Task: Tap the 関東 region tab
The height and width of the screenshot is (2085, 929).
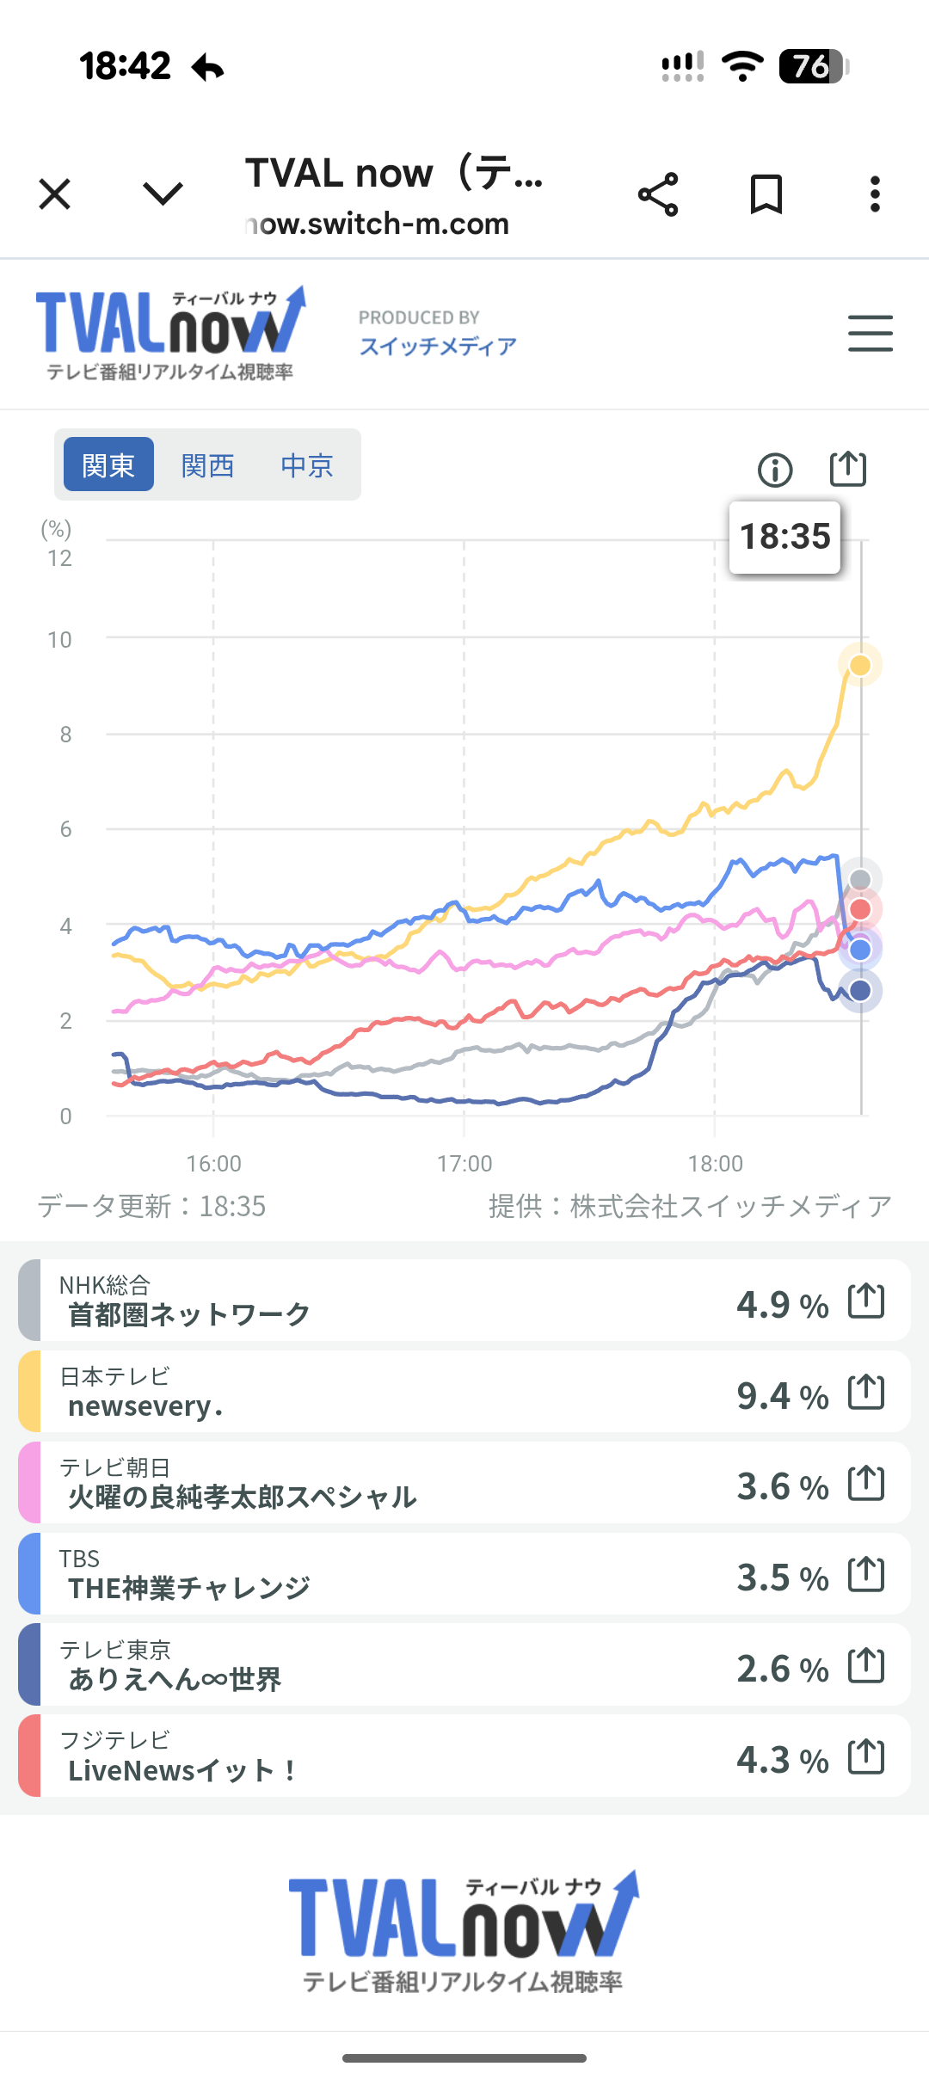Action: tap(108, 464)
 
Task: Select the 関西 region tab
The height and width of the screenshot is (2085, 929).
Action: tap(207, 464)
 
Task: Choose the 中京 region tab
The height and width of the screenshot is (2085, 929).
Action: tap(306, 464)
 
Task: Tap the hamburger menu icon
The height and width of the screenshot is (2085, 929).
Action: tap(870, 333)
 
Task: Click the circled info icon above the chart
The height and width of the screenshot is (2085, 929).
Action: tap(775, 470)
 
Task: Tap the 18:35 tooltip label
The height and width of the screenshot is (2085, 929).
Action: tap(784, 537)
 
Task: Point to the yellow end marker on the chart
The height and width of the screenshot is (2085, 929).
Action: tap(859, 665)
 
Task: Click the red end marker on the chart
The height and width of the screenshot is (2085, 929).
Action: tap(859, 909)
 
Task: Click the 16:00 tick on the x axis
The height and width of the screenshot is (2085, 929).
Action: tap(213, 1163)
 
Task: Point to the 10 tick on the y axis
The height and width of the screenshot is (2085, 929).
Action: tap(59, 640)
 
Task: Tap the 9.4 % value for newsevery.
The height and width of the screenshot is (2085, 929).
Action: tap(782, 1395)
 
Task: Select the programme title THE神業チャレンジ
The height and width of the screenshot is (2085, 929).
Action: tap(189, 1588)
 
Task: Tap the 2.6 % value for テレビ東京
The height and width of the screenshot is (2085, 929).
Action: tap(782, 1669)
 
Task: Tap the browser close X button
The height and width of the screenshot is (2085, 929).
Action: tap(55, 194)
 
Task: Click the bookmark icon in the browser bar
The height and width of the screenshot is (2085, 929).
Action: tap(766, 194)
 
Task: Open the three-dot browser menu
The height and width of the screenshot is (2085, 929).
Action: tap(875, 194)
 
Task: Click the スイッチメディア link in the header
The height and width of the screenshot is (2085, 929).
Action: tap(438, 346)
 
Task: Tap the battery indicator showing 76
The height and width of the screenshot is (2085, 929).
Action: tap(813, 66)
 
